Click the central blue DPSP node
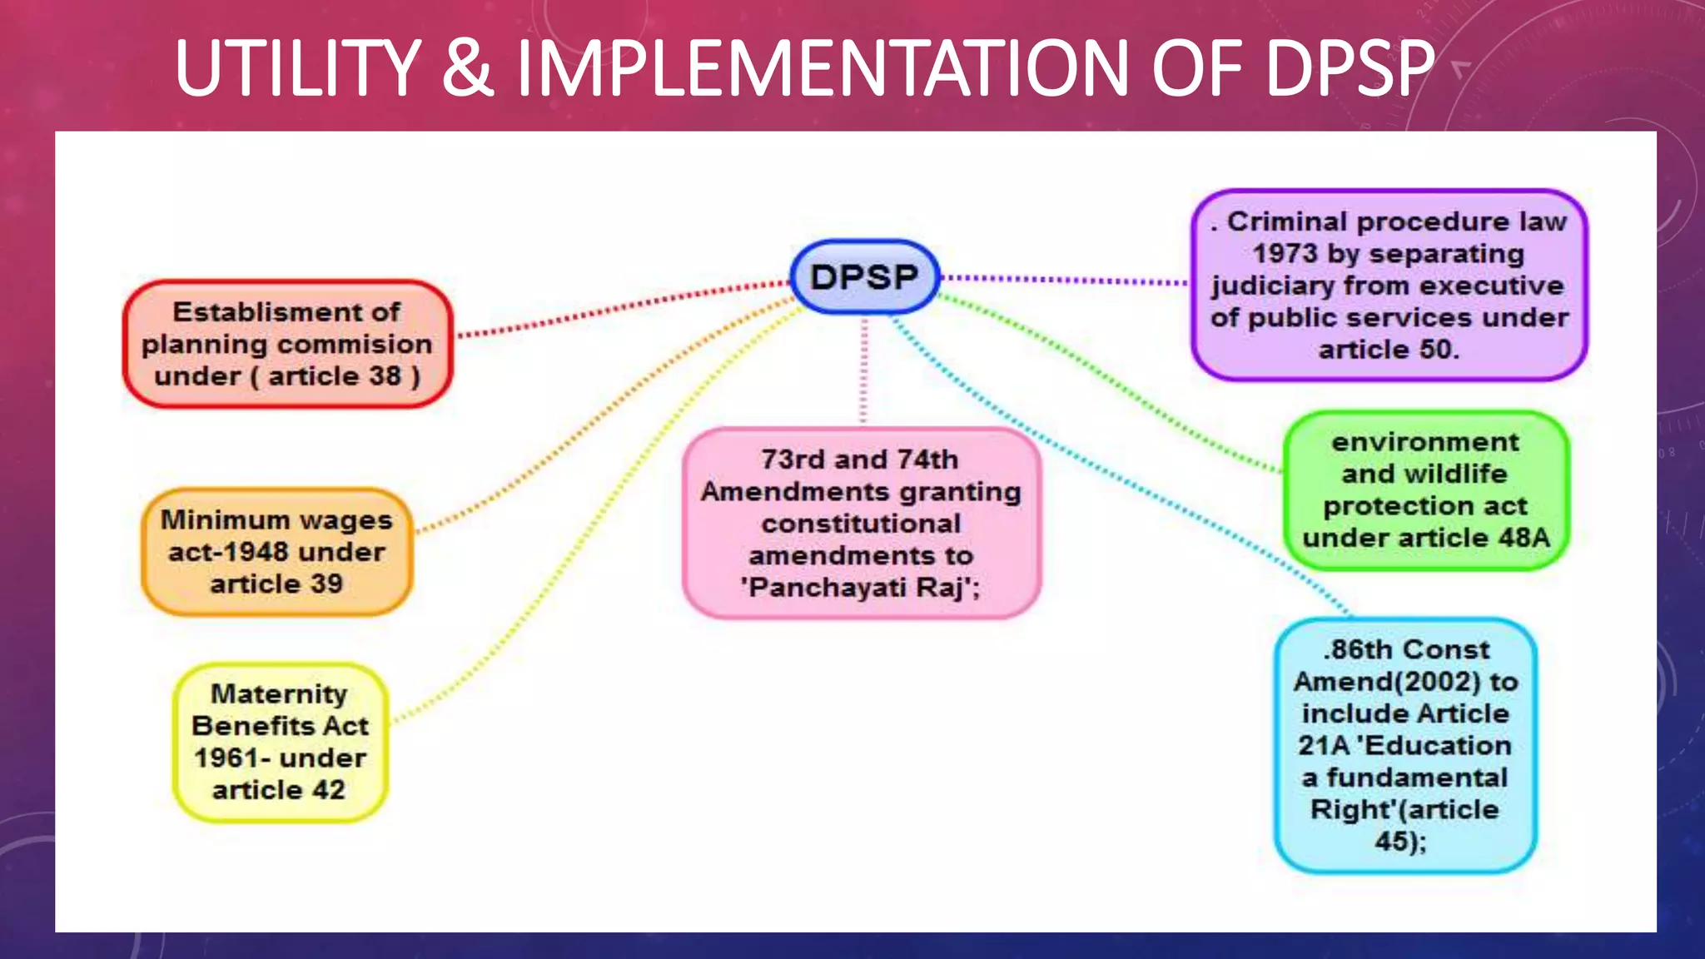[x=864, y=277]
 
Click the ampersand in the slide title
[x=468, y=68]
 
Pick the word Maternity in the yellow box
[x=279, y=693]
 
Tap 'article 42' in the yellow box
[x=278, y=789]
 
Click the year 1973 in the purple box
[x=1284, y=253]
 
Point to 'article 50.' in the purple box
[x=1389, y=350]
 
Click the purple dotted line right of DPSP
[x=1066, y=280]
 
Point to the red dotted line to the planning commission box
[x=624, y=309]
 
